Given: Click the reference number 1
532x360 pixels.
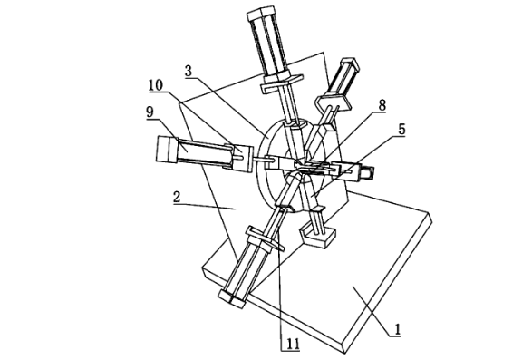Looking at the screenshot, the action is click(397, 329).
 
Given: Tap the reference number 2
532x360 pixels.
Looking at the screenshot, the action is click(177, 197).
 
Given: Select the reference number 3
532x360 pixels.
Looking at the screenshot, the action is click(189, 71).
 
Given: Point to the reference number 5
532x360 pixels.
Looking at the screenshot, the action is click(401, 130).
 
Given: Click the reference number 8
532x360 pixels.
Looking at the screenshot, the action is click(382, 105).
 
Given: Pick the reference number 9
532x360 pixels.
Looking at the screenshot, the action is click(150, 112).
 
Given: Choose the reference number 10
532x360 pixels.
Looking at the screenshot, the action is click(155, 85).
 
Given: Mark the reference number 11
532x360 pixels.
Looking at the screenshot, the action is click(293, 344).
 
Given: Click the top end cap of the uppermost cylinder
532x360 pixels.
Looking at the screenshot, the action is click(261, 13).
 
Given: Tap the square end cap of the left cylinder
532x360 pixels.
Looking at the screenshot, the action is click(167, 150).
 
